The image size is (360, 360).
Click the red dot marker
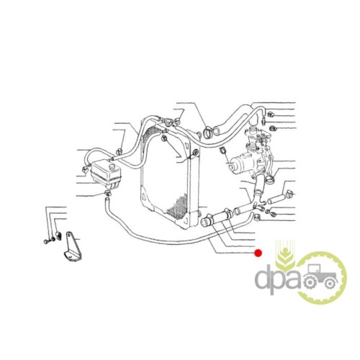click(258, 253)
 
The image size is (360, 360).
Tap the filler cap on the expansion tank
click(111, 167)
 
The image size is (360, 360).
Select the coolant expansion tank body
click(107, 175)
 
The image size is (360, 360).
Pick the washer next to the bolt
click(52, 239)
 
